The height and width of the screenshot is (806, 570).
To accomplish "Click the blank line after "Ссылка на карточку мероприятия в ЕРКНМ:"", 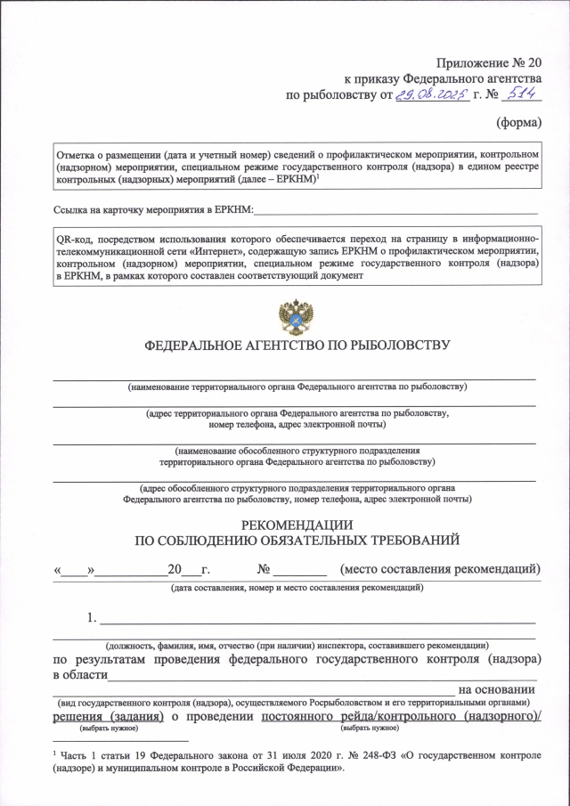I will coord(396,212).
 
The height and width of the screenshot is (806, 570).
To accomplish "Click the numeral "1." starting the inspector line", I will coord(91,617).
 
